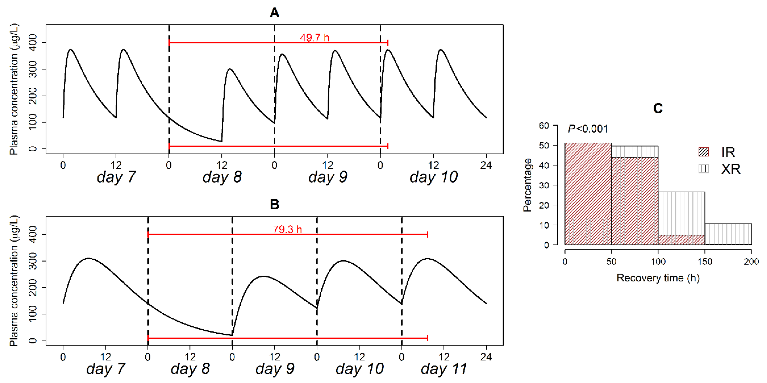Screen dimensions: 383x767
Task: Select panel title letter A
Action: [x=274, y=12]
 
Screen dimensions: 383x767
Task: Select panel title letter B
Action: [x=274, y=204]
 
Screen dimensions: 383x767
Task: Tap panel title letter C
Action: [x=658, y=108]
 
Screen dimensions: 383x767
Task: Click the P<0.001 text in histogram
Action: [x=588, y=129]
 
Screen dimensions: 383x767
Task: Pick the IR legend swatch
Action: [x=704, y=152]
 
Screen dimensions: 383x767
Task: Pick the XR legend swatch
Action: [x=704, y=169]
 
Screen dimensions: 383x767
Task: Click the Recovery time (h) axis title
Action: [x=658, y=278]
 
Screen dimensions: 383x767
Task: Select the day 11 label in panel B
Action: [x=444, y=369]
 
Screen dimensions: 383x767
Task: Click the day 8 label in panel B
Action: [x=190, y=369]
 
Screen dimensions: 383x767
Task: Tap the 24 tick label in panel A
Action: [x=486, y=165]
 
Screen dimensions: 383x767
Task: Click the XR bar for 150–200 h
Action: [x=728, y=234]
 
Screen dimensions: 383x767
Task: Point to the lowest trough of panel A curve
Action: [x=221, y=141]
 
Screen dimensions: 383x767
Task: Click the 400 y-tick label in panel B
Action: [x=32, y=234]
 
